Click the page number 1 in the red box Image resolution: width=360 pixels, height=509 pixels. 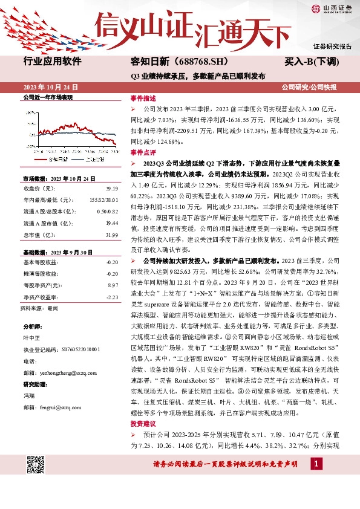[315, 463]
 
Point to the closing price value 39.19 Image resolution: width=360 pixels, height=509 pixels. [111, 189]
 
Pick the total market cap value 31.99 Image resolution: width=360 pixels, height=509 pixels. [111, 234]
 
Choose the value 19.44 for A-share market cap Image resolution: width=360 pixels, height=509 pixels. [111, 222]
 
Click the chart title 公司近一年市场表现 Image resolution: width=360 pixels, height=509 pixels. [47, 97]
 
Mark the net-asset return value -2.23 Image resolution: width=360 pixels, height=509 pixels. [111, 297]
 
